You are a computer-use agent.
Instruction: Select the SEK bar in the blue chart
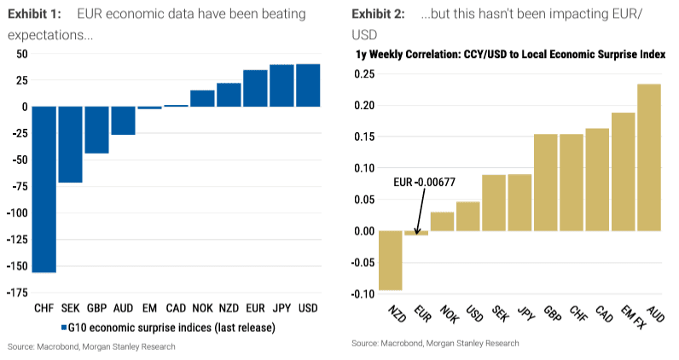(x=70, y=144)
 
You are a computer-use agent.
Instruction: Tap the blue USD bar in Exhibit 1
(x=307, y=85)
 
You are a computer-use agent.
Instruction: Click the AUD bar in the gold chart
(x=648, y=157)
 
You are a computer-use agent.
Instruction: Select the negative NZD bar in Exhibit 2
(x=390, y=260)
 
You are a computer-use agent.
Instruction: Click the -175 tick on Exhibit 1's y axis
(x=17, y=293)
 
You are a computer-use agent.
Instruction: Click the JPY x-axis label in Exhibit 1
(x=281, y=307)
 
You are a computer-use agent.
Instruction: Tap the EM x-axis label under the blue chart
(x=149, y=307)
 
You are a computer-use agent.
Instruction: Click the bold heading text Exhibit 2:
(x=382, y=15)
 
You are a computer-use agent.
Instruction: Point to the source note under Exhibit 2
(x=434, y=343)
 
